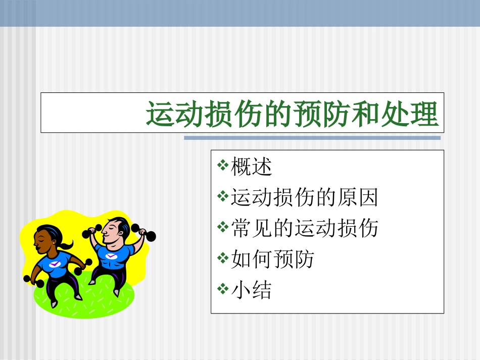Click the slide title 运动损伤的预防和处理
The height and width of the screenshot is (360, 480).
click(x=292, y=114)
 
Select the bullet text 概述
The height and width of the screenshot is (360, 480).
click(x=251, y=167)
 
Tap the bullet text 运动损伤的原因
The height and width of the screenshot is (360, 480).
click(x=304, y=197)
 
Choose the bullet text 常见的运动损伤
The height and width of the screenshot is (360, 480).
click(x=304, y=228)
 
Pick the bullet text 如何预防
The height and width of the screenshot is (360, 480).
click(x=272, y=260)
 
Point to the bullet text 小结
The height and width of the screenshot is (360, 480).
click(x=251, y=290)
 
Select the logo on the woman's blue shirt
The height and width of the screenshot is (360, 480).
click(x=54, y=263)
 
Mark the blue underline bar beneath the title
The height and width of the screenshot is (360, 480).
click(x=312, y=137)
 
